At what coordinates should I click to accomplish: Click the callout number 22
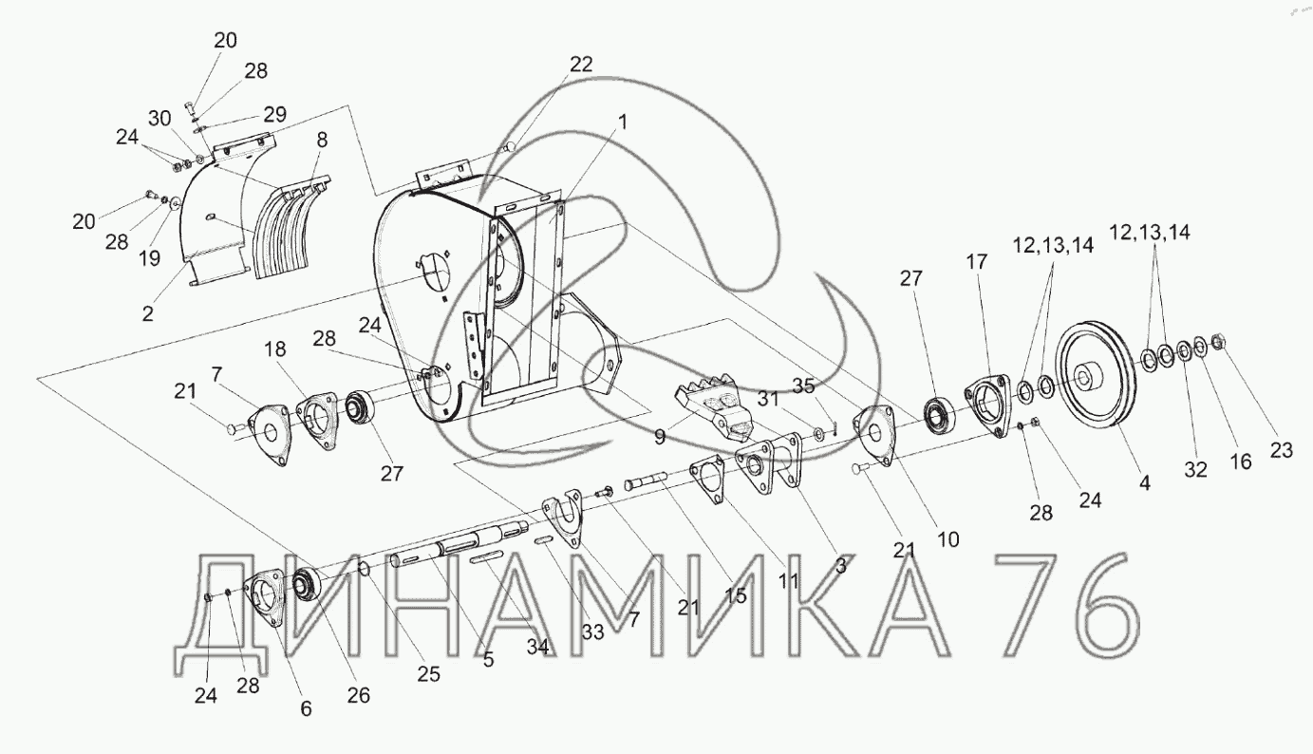click(581, 64)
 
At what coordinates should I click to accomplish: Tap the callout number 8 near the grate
click(323, 140)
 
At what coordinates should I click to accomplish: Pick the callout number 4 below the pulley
click(1145, 482)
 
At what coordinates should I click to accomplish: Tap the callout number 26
click(358, 695)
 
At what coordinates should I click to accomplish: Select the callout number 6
click(306, 707)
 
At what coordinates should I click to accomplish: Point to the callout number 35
click(803, 386)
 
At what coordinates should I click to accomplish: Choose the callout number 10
click(948, 539)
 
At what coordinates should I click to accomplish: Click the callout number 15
click(735, 596)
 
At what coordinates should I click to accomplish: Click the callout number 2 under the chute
click(147, 312)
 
